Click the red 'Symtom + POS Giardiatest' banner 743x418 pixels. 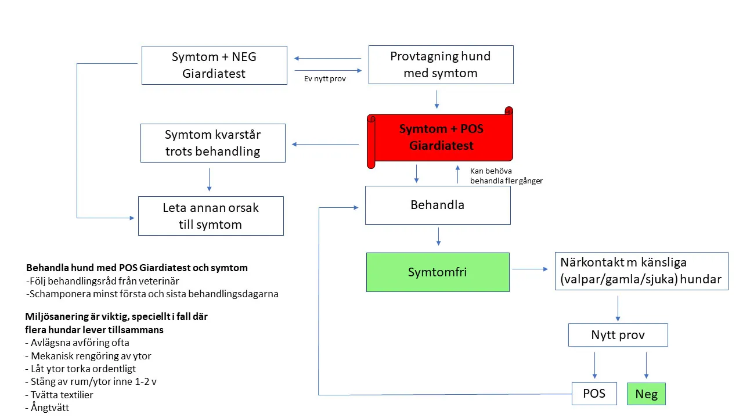click(441, 138)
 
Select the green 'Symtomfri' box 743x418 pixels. click(438, 272)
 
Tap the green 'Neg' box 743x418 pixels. click(646, 394)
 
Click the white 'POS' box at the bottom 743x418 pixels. click(594, 394)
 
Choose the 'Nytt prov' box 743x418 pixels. click(618, 335)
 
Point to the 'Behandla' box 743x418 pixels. click(437, 205)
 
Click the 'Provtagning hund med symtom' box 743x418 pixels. click(441, 65)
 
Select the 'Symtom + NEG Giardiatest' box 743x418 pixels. click(214, 66)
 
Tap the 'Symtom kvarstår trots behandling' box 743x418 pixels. click(212, 143)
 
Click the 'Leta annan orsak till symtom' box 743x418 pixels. click(211, 216)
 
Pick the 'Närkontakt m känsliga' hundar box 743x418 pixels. click(641, 271)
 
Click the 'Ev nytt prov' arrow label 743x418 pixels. click(325, 79)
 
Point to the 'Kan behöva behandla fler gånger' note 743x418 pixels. click(506, 176)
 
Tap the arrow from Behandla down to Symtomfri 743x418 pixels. click(438, 236)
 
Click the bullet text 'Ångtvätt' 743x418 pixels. click(48, 408)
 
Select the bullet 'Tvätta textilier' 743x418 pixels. click(59, 395)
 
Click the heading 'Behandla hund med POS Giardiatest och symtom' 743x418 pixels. click(137, 268)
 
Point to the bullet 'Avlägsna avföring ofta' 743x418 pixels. click(77, 343)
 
